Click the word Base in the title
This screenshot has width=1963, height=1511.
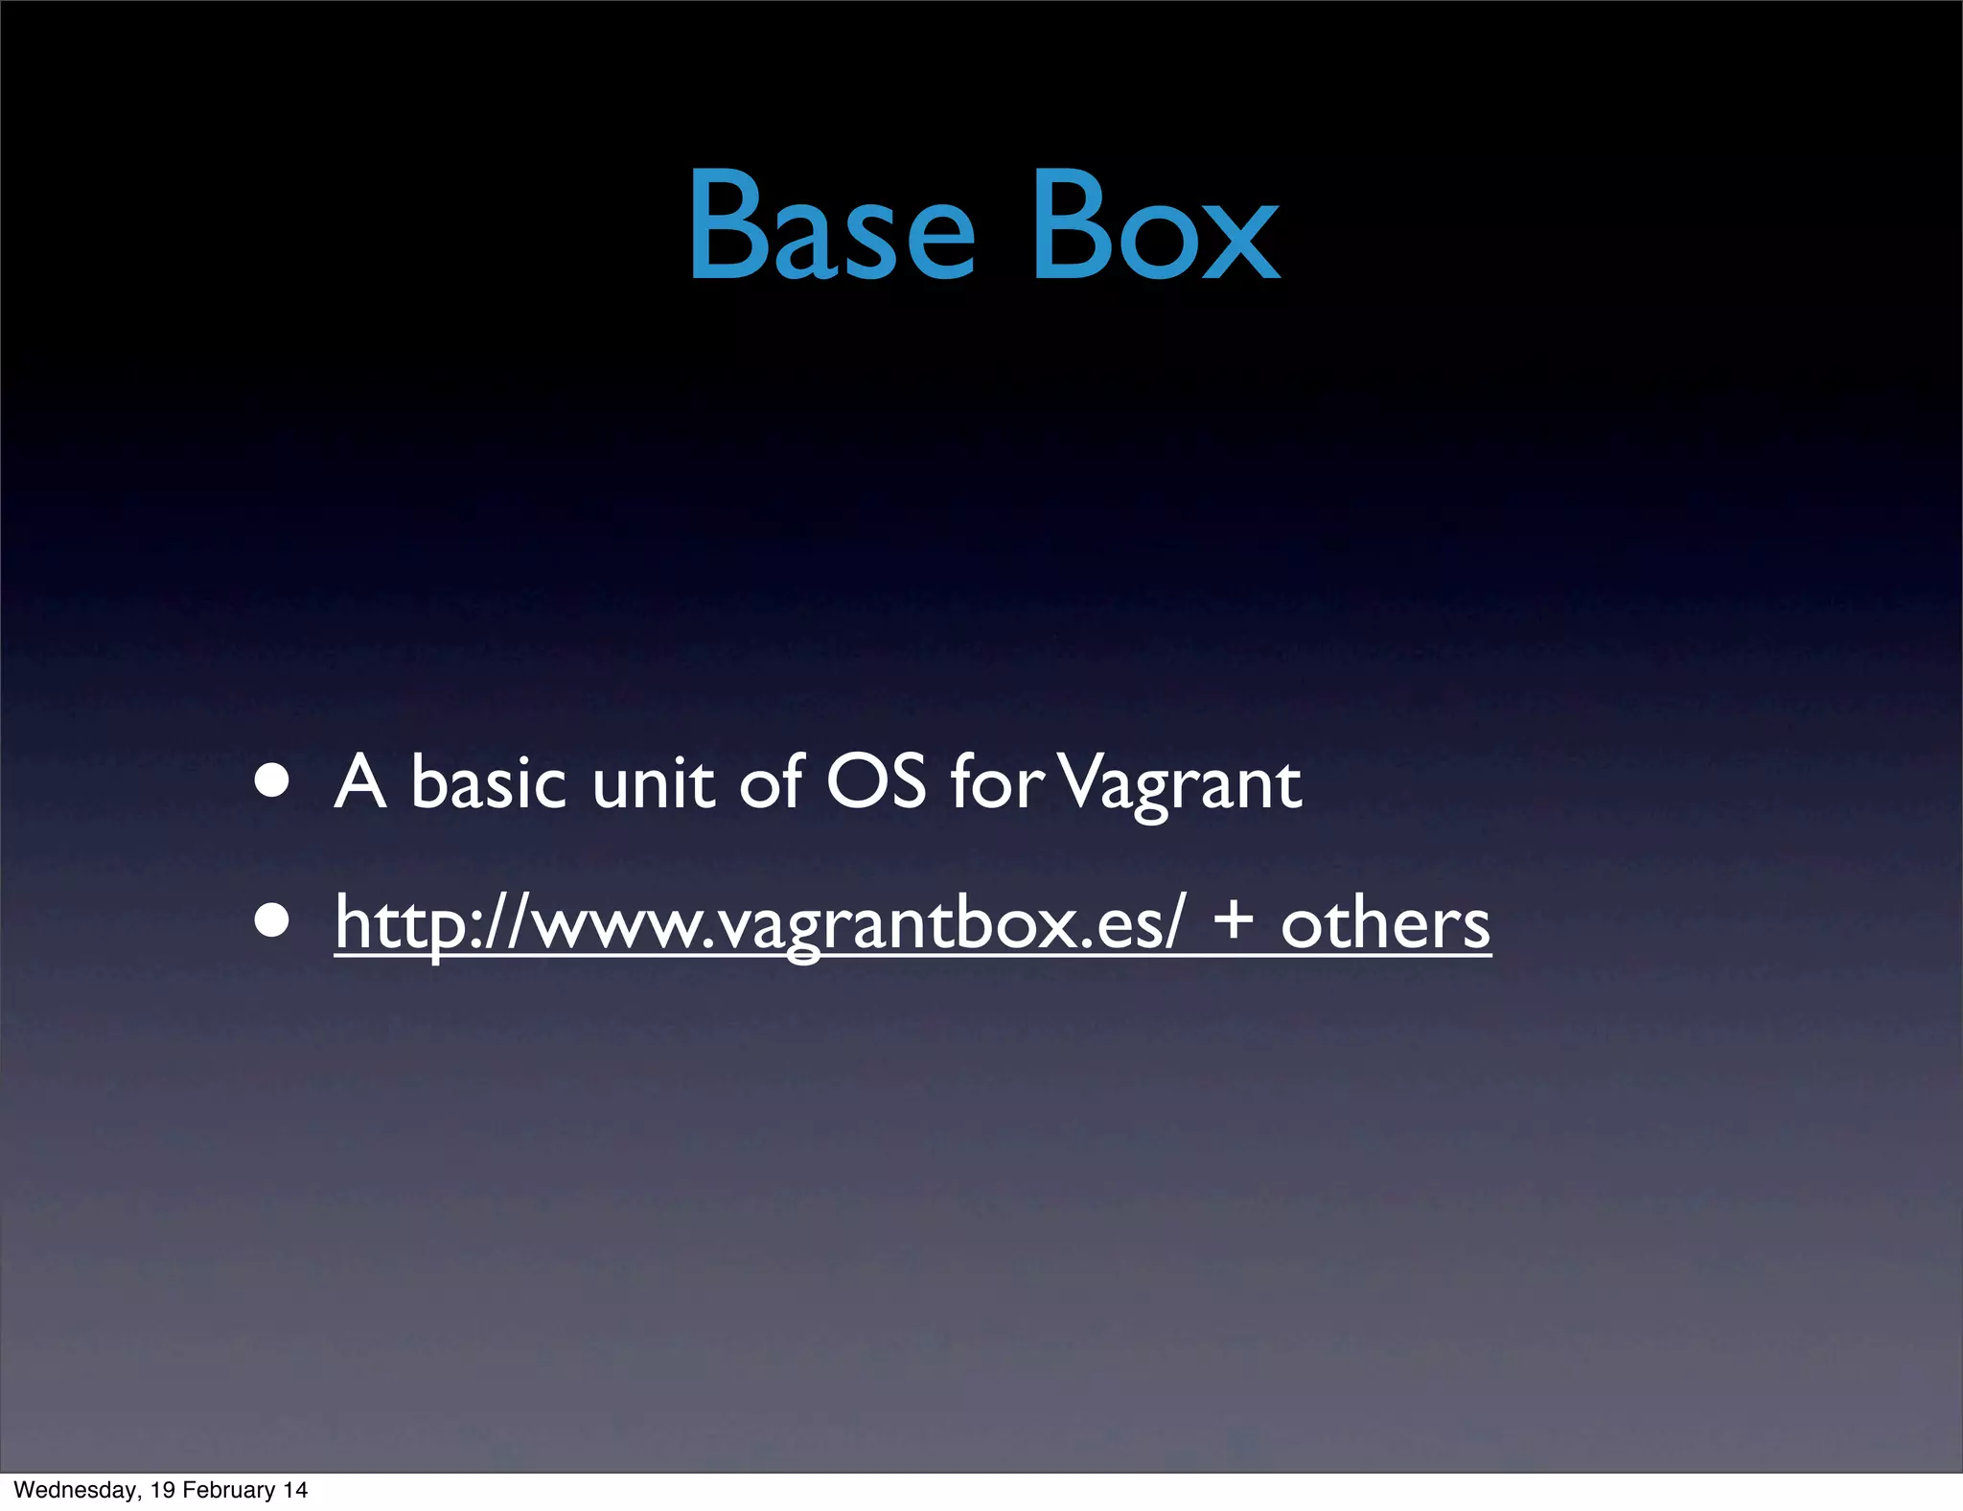831,225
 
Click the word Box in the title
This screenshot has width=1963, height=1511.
1155,225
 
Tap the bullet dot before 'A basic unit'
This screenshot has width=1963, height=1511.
272,780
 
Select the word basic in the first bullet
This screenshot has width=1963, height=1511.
488,780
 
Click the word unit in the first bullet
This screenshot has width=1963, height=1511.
653,780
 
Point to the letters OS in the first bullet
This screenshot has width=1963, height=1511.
875,780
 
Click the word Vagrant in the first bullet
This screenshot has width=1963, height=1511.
1184,784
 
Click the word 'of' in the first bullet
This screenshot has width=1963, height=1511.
770,780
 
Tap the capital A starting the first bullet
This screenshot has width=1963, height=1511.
359,782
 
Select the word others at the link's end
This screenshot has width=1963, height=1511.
1385,922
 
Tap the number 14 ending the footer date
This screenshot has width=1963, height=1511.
295,1490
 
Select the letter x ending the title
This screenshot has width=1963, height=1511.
1241,240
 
